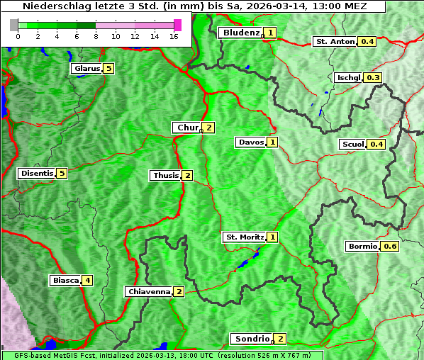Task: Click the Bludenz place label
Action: pos(241,33)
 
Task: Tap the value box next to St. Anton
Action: pos(367,41)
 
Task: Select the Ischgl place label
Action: pos(349,77)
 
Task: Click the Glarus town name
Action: pos(86,69)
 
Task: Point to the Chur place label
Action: pos(188,128)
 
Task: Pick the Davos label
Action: pos(251,142)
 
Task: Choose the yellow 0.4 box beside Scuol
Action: pos(376,145)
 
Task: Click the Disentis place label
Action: pos(37,174)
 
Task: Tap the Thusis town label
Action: pos(166,175)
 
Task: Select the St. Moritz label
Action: pos(244,237)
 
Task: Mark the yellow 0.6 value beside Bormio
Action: pos(390,247)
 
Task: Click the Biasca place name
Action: pos(65,280)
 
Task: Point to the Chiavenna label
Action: pos(149,291)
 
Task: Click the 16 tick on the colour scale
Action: pos(174,36)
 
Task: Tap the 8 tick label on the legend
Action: pos(96,36)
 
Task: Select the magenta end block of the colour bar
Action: pos(177,25)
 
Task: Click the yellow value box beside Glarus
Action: pos(108,69)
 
